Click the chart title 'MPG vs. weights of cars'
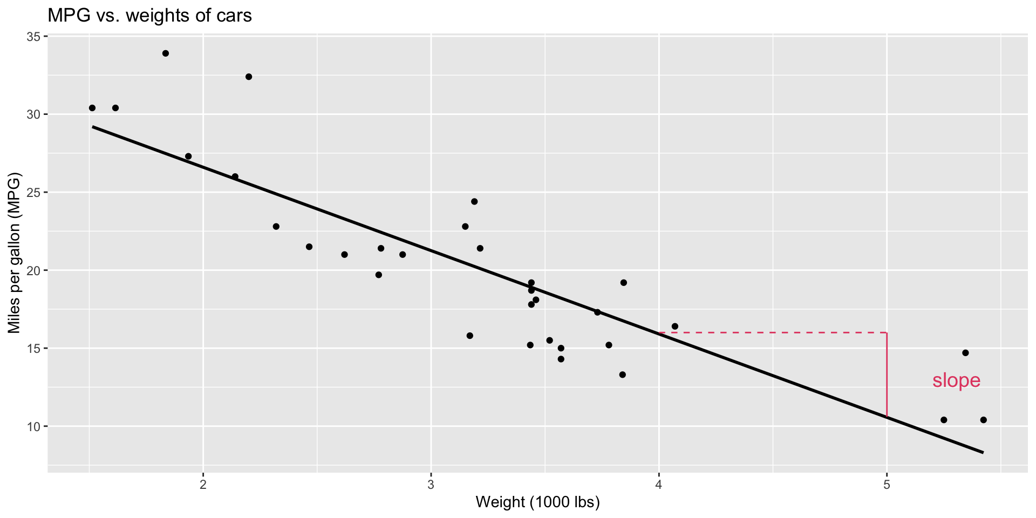point(149,16)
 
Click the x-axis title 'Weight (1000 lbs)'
point(537,502)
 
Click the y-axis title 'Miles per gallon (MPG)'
point(14,253)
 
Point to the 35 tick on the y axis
point(34,37)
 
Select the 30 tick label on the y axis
point(34,114)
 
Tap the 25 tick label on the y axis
point(34,193)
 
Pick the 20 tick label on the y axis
point(34,270)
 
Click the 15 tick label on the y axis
point(34,349)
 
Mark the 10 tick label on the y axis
point(34,426)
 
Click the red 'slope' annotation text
point(956,380)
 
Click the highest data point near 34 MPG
point(166,53)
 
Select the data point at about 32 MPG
point(249,77)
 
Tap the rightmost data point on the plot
point(983,420)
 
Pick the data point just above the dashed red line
point(674,326)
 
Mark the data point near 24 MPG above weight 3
point(474,201)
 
